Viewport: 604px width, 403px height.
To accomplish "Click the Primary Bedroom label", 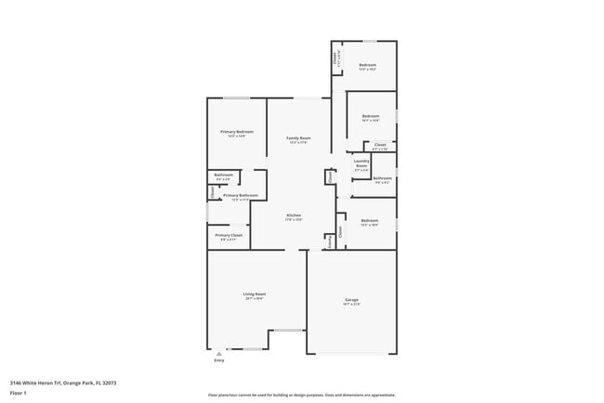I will pos(237,132).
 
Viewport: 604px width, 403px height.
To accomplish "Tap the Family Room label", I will pos(298,138).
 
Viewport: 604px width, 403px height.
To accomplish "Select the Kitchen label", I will pos(293,215).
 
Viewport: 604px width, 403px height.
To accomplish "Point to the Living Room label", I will pos(255,294).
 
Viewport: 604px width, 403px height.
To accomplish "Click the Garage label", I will pos(351,299).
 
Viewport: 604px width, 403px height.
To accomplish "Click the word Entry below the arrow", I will pos(219,360).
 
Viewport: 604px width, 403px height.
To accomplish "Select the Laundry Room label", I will pos(361,163).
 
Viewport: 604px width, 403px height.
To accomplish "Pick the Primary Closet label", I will pos(229,236).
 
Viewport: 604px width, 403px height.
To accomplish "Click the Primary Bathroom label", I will pos(241,195).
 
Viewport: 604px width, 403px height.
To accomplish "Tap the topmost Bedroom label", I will pos(367,64).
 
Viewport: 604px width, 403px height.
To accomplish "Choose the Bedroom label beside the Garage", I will pos(370,220).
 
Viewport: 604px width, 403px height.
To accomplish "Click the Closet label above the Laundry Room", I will pos(380,145).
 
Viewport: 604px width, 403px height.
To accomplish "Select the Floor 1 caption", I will pos(20,393).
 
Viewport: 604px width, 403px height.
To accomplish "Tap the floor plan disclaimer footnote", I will pos(301,395).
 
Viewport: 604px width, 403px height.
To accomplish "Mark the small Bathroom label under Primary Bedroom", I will pos(224,175).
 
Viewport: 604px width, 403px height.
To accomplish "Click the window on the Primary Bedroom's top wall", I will pos(236,98).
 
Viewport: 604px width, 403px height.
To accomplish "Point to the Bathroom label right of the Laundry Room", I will pos(382,177).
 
